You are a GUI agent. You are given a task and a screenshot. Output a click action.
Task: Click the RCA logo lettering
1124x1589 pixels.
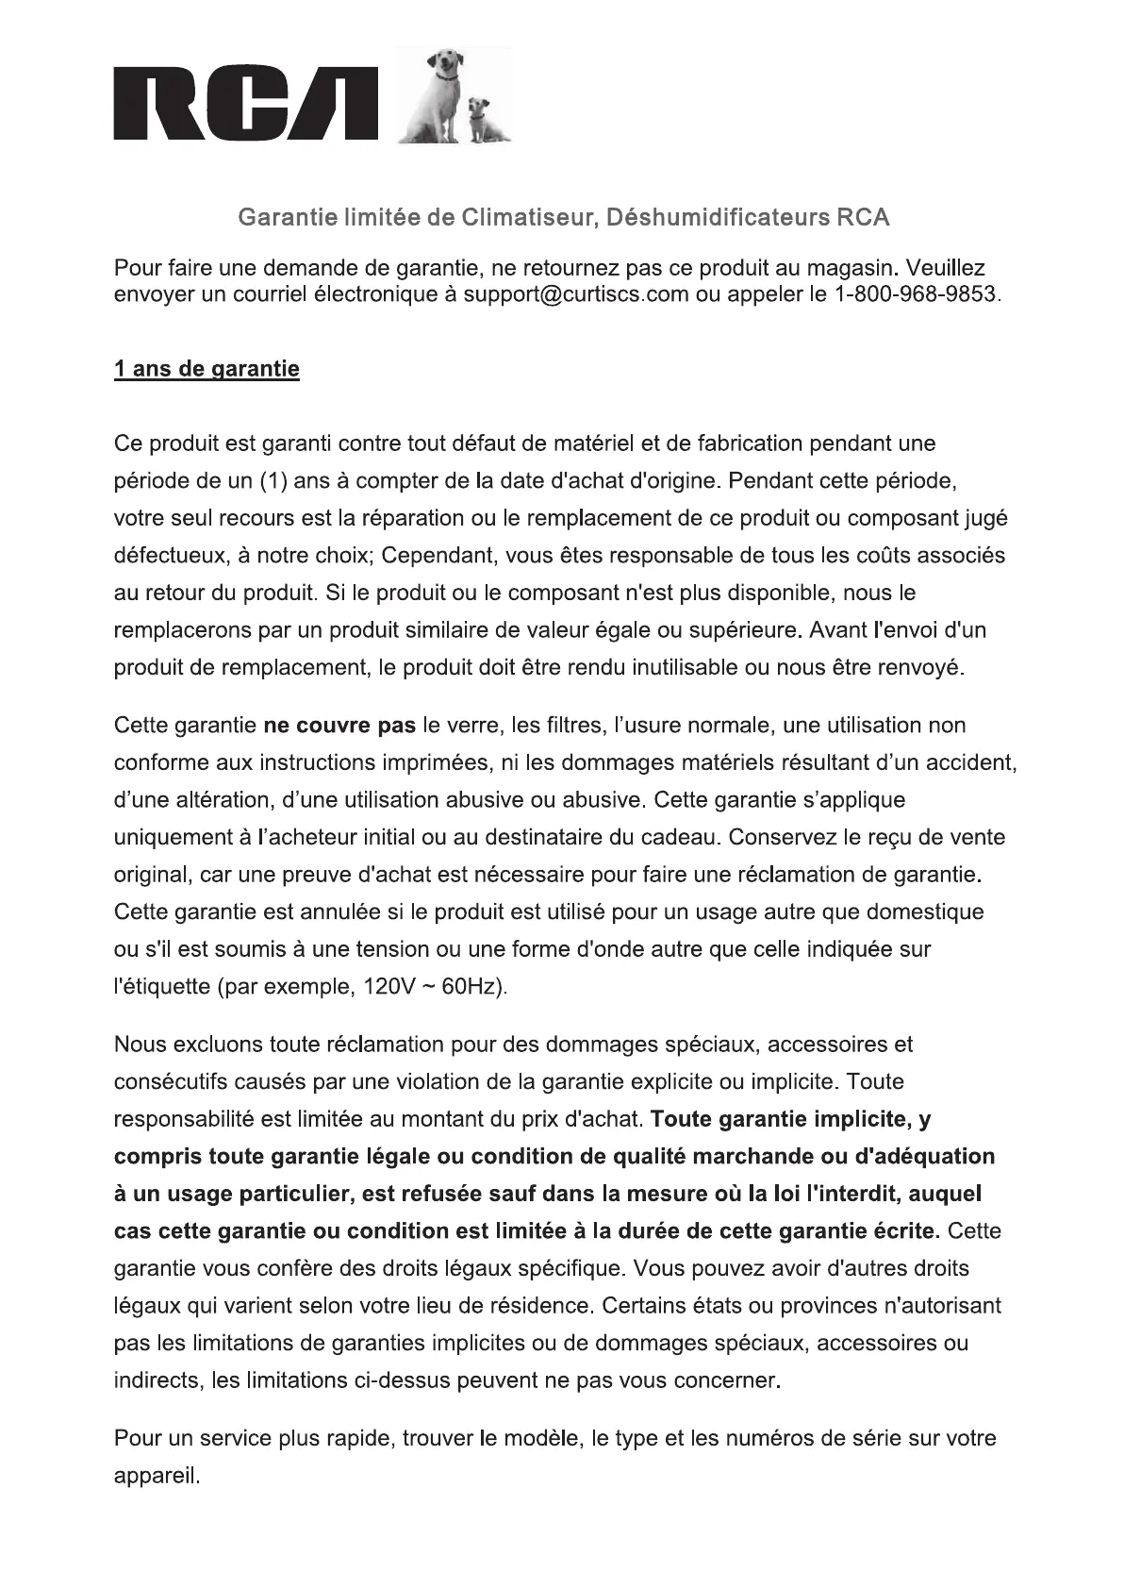[x=245, y=105]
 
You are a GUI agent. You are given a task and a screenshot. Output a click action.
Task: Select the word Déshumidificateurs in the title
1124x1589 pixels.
[x=718, y=218]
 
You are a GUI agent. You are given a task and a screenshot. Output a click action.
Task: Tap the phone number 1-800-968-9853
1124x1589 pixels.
[x=916, y=294]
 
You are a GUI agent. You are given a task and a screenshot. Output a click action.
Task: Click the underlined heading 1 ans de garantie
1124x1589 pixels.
[x=207, y=369]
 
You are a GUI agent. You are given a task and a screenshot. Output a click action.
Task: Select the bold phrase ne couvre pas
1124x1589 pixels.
[x=339, y=726]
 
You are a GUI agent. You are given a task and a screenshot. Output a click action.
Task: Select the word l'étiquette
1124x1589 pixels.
[x=162, y=988]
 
